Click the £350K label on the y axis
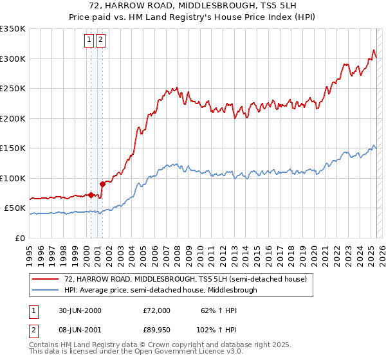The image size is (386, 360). [x=13, y=29]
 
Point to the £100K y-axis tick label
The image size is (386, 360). [x=13, y=178]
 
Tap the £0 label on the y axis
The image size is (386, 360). [x=20, y=238]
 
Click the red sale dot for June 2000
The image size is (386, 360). [x=91, y=195]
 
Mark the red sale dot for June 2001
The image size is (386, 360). [x=102, y=184]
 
